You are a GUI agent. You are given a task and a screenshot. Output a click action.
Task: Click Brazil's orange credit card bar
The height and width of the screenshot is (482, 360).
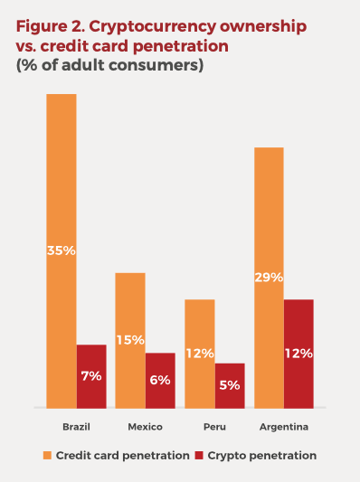coord(62,181)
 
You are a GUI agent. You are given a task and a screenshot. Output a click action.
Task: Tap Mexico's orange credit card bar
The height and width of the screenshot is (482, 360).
coord(130,307)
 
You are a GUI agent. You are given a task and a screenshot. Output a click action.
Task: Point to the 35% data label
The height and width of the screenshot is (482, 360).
coord(62,250)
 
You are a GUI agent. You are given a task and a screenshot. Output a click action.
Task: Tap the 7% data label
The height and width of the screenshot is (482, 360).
coord(91,375)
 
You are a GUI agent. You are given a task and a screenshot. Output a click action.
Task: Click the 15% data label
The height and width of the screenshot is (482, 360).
coord(130,340)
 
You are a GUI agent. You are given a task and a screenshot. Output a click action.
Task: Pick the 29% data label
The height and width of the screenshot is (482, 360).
coord(269,277)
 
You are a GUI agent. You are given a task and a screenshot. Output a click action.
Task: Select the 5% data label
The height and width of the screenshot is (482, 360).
coord(229,384)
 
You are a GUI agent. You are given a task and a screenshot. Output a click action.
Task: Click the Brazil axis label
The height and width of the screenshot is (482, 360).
coord(76,427)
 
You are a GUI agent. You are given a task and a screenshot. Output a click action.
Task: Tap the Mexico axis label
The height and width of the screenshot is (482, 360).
coord(145,427)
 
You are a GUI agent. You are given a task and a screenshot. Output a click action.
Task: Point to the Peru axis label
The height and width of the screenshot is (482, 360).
coord(214,427)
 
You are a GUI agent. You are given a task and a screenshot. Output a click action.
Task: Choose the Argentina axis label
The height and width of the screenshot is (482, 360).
coord(284,427)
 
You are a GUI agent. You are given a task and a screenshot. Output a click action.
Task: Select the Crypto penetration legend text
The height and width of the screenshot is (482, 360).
coord(262,456)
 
